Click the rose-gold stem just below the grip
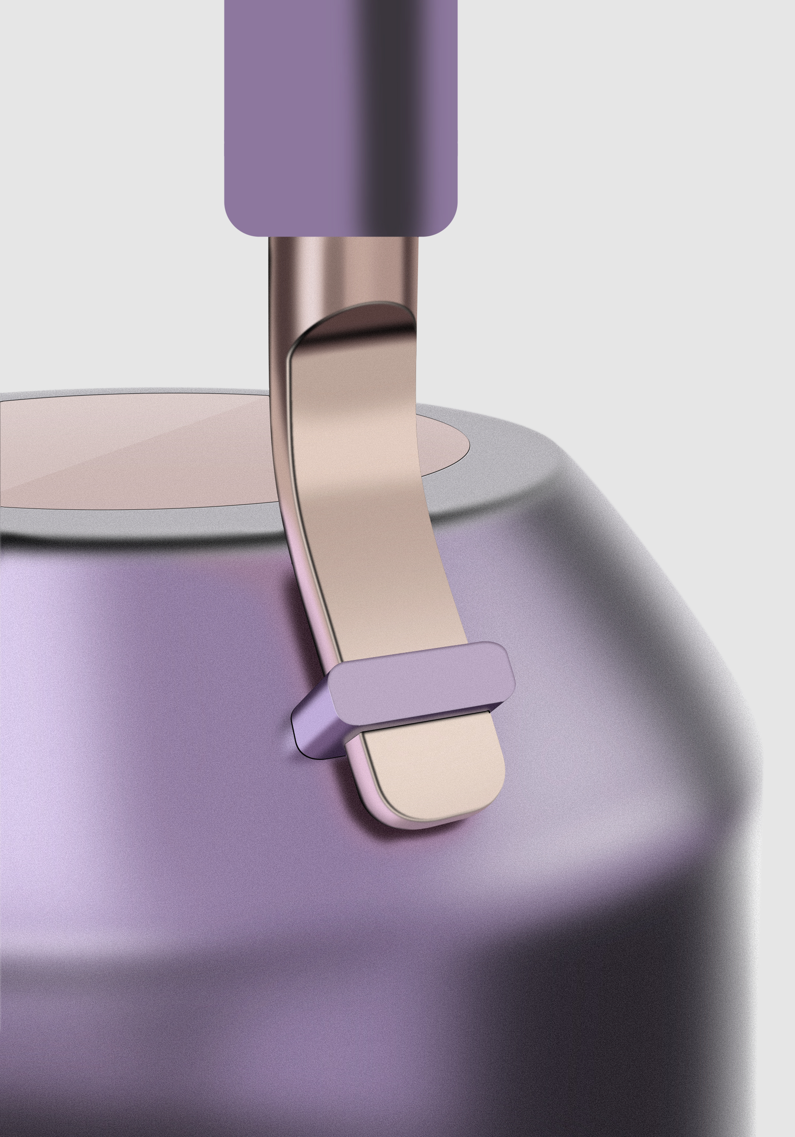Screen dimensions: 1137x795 coord(342,268)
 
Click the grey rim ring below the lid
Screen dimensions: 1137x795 coord(149,525)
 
